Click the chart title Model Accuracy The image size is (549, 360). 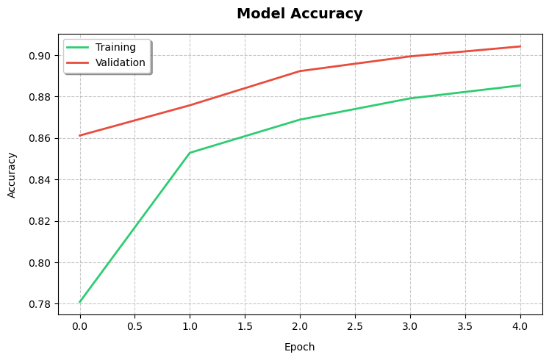[x=299, y=14]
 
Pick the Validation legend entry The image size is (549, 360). [x=120, y=62]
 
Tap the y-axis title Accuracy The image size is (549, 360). [x=12, y=175]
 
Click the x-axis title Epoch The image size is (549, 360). [x=299, y=347]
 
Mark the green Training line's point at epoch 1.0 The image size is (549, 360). [x=190, y=153]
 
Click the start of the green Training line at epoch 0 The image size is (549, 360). [x=79, y=302]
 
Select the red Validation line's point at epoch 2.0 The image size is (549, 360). [x=300, y=71]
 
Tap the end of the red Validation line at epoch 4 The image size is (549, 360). [x=520, y=46]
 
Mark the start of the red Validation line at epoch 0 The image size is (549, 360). [x=79, y=135]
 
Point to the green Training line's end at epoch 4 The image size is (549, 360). [x=520, y=85]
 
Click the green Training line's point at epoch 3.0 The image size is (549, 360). [x=410, y=98]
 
